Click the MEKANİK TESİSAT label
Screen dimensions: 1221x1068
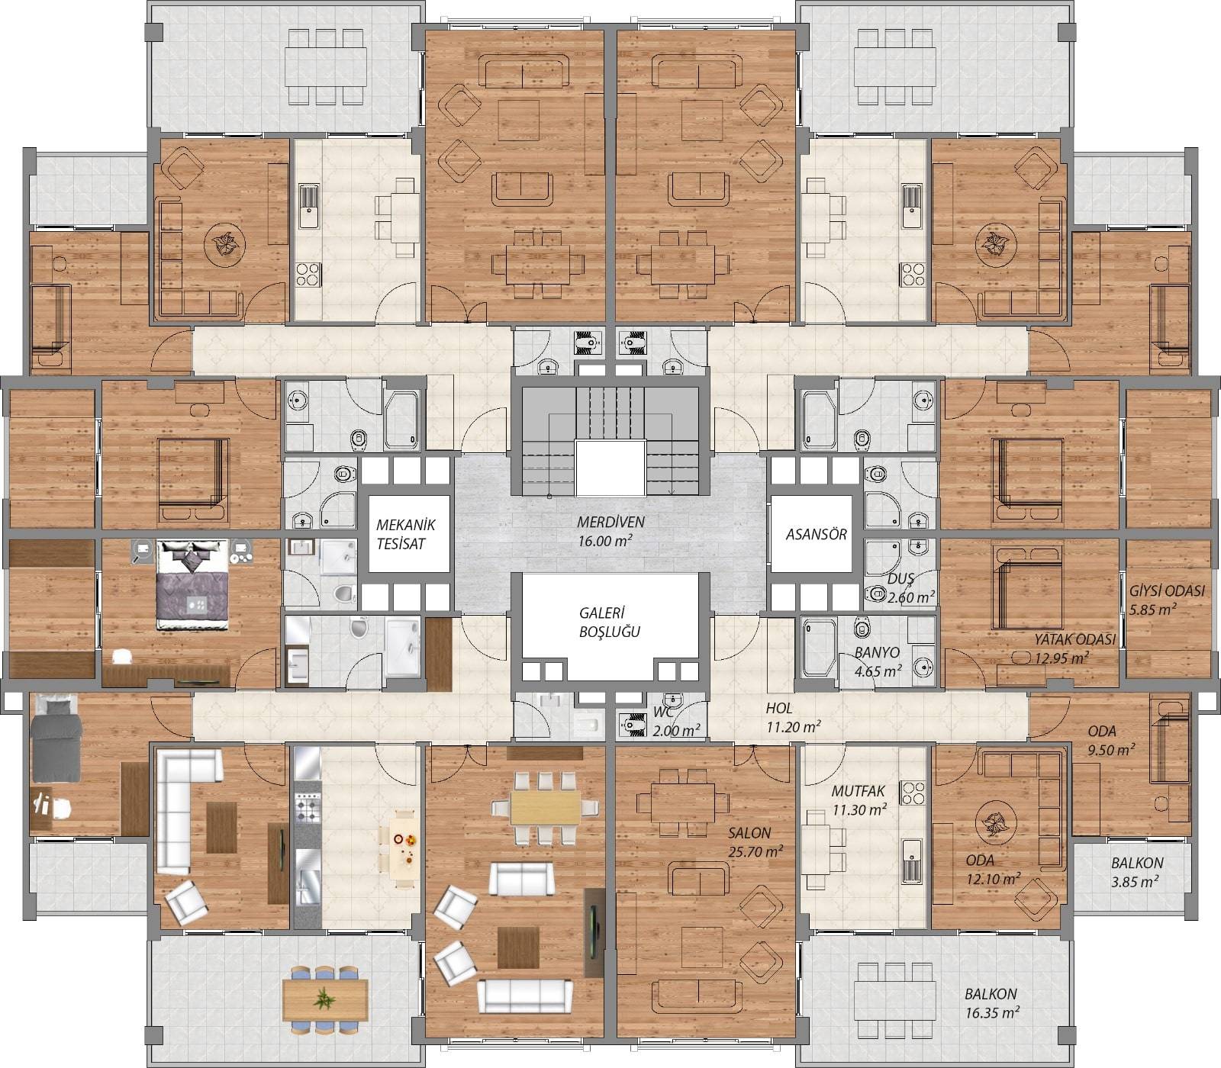405,534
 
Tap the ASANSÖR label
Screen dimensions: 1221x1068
816,535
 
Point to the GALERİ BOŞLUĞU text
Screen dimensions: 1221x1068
609,622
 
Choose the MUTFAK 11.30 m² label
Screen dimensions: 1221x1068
859,800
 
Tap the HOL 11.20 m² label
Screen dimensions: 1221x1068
793,718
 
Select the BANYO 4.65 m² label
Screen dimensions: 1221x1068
878,661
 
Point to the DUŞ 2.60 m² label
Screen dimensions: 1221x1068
910,588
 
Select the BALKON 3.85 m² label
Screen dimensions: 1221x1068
1137,872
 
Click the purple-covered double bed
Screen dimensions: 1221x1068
192,584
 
